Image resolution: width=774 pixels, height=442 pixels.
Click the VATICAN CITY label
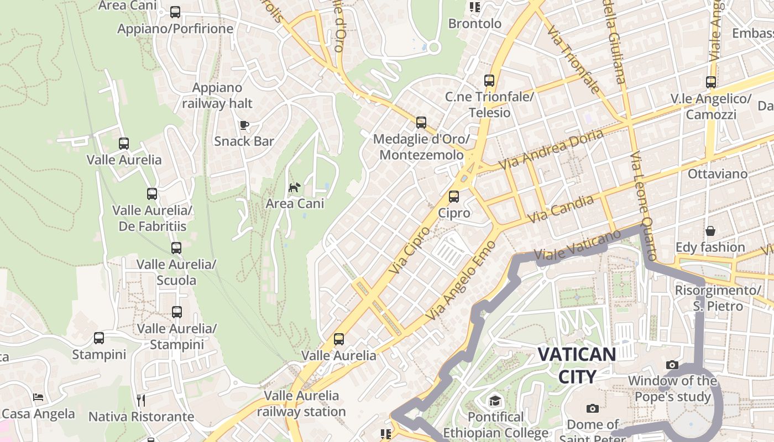click(577, 365)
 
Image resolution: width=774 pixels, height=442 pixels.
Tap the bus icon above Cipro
click(454, 196)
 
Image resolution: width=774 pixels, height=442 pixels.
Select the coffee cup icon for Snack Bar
click(244, 125)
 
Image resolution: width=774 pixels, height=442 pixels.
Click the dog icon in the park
click(295, 187)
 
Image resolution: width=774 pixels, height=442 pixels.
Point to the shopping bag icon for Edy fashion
click(710, 230)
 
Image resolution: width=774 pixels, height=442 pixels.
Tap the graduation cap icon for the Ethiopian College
click(494, 401)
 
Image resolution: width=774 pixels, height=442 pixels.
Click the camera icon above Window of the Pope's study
click(672, 365)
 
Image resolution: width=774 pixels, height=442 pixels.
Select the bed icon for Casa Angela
click(38, 397)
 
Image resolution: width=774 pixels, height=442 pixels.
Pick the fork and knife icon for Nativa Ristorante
click(141, 399)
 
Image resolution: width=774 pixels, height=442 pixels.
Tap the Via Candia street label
click(561, 209)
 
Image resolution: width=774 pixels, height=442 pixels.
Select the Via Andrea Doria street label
click(551, 149)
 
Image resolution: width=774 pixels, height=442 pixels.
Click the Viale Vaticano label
click(586, 246)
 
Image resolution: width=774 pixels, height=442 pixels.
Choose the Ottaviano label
click(717, 174)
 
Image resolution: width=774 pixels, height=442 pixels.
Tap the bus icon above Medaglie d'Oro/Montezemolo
click(421, 122)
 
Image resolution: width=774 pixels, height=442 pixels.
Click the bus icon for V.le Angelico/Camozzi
click(711, 82)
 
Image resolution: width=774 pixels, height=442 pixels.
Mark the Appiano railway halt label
click(217, 96)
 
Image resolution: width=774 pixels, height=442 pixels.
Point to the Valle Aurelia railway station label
click(301, 403)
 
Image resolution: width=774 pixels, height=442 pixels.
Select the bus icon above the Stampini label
click(99, 338)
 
